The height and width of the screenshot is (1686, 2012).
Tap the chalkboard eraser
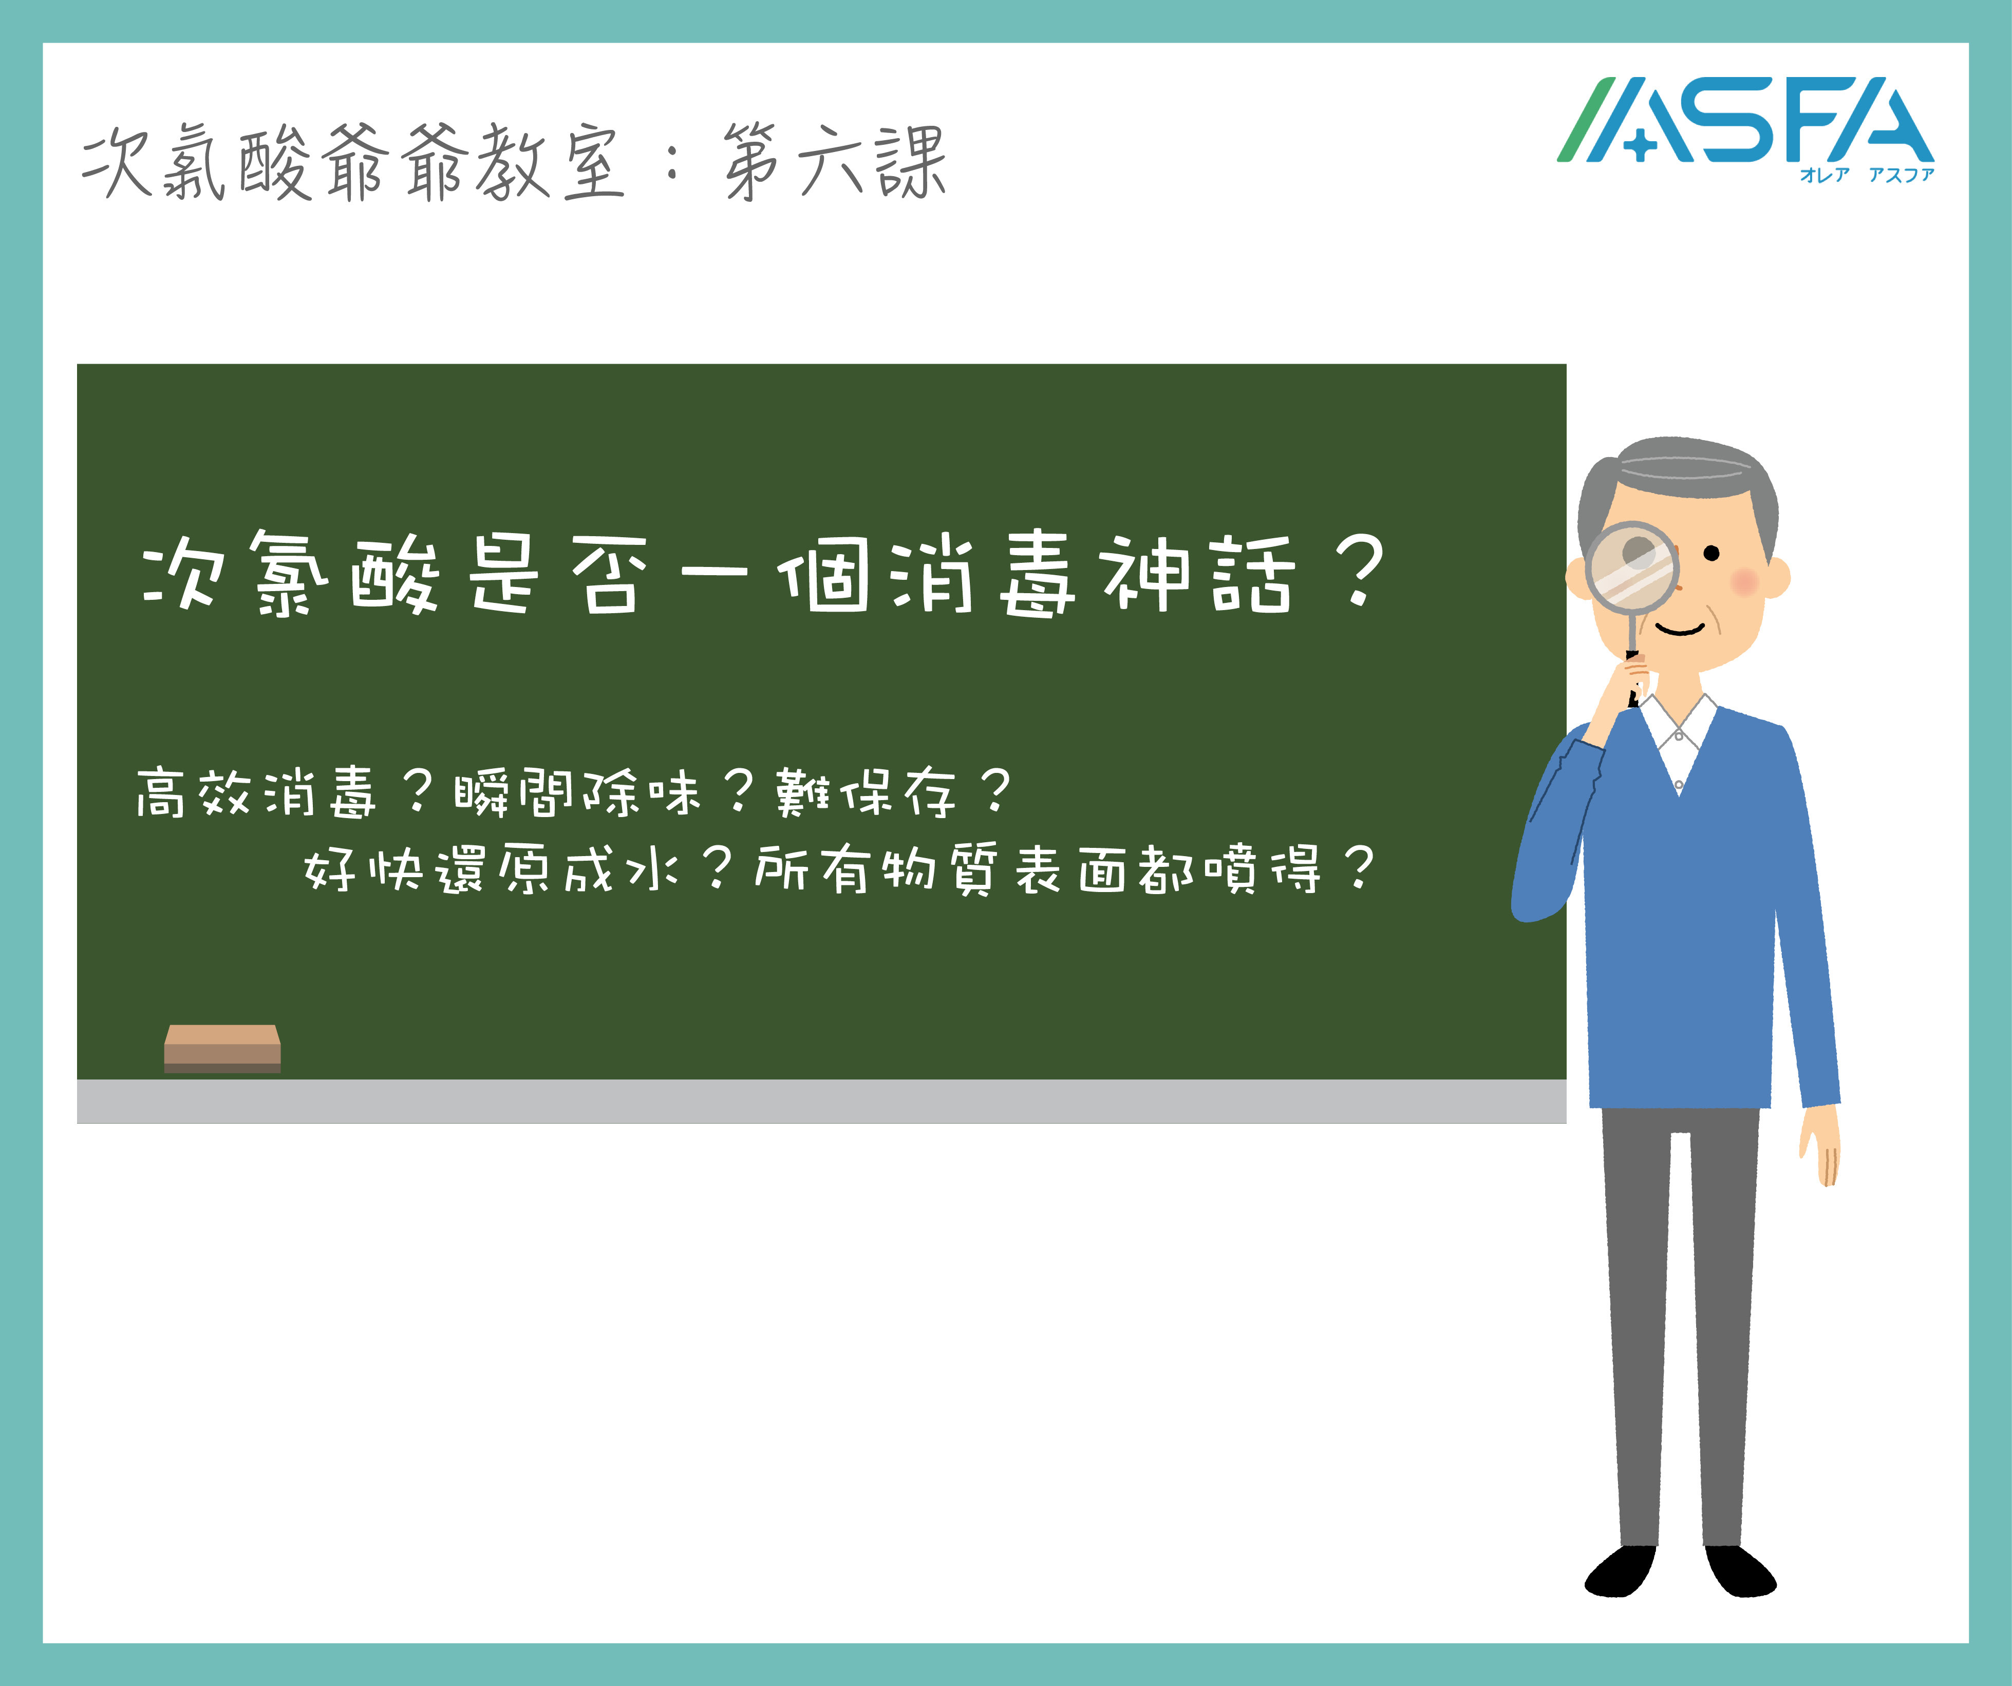pyautogui.click(x=222, y=1048)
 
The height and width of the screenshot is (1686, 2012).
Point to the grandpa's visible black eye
pyautogui.click(x=1711, y=554)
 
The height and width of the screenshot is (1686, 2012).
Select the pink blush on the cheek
pyautogui.click(x=1745, y=580)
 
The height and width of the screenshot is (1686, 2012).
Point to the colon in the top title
pyautogui.click(x=672, y=163)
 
